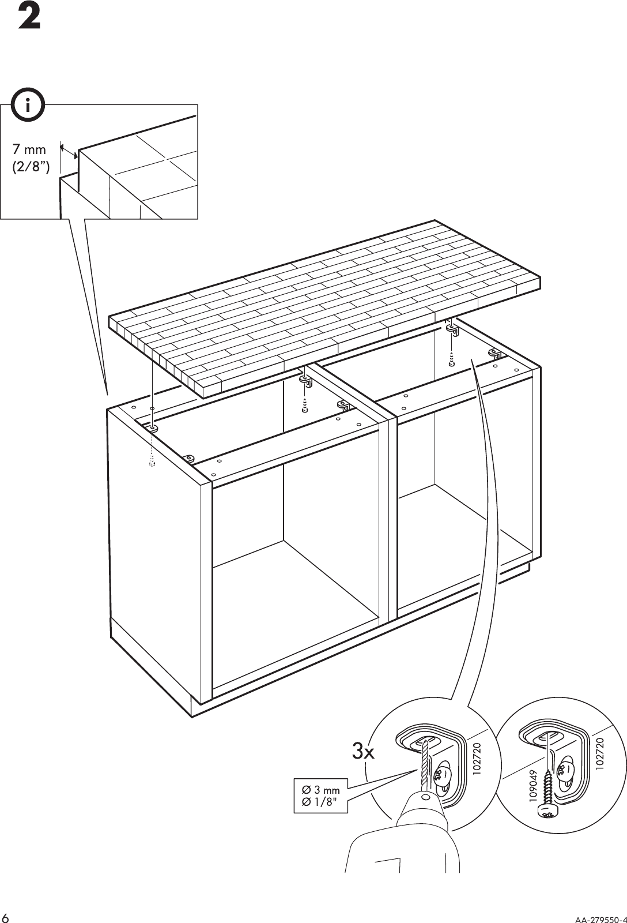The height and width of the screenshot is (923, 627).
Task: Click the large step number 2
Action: point(29,18)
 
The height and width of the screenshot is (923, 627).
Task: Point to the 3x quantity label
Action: point(364,752)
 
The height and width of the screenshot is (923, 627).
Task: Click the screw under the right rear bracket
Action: point(452,361)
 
